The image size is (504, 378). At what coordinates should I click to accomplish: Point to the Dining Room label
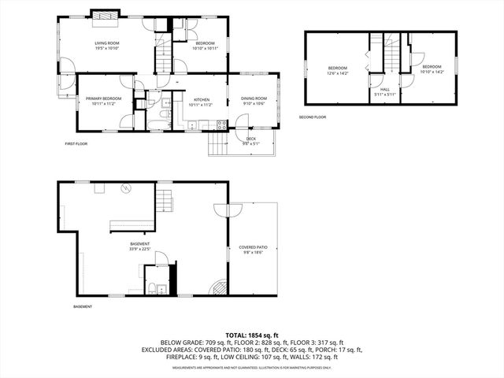[254, 101]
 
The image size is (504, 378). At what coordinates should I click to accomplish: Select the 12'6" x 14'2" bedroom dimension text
[338, 72]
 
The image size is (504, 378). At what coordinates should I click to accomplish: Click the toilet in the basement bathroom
[160, 286]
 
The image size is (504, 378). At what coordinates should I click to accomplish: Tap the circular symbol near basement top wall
[125, 187]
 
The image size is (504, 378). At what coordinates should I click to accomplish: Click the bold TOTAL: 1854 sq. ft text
[252, 335]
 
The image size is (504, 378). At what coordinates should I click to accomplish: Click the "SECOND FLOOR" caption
[313, 117]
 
